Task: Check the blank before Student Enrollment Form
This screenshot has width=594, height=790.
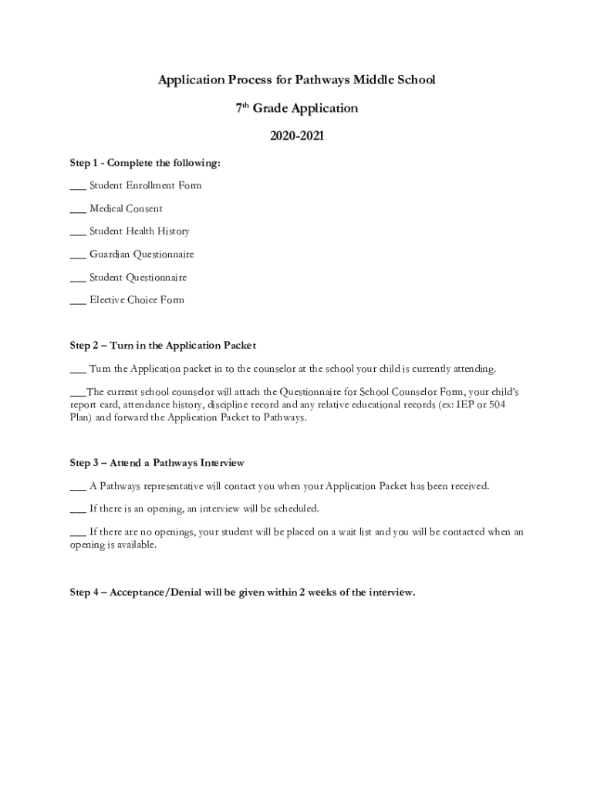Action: pos(77,187)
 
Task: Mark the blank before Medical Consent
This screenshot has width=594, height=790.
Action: pos(77,209)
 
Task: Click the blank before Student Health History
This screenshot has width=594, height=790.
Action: pos(77,232)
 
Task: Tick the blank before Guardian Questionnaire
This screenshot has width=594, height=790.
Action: pos(77,255)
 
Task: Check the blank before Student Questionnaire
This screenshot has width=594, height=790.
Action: pos(77,278)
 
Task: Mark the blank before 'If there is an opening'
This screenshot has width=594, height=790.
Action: pos(77,509)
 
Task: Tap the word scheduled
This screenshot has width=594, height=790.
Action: pos(292,509)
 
